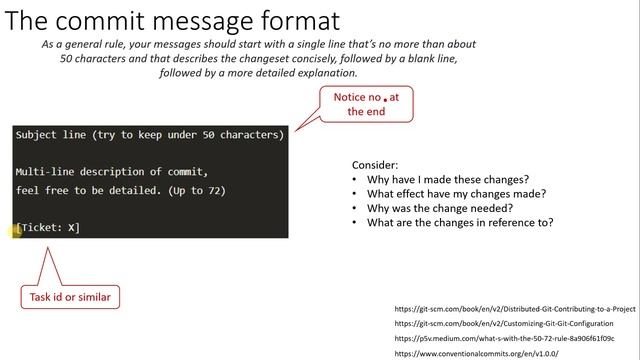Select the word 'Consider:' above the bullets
tap(374, 165)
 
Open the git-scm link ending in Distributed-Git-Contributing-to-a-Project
tap(514, 310)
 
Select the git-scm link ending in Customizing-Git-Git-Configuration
tap(503, 324)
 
